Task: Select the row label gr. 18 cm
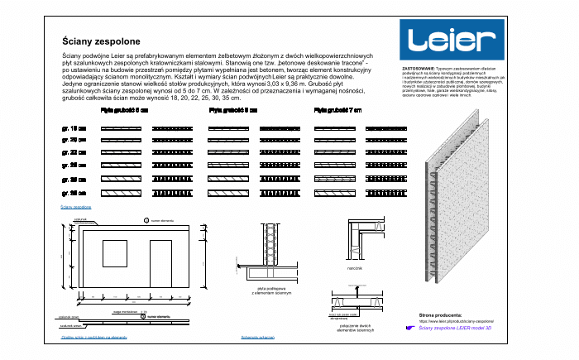pos(74,130)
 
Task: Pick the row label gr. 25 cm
pos(74,166)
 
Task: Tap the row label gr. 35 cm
pos(74,192)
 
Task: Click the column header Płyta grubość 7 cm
pos(337,109)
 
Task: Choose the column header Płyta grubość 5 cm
pos(124,109)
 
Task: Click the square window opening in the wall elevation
pos(115,255)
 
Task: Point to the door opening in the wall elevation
pos(161,265)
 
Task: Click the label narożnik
pos(356,268)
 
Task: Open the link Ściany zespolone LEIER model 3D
pos(467,329)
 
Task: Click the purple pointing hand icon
pos(410,329)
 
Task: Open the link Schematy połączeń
pos(257,337)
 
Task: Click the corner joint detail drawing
pos(364,241)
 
